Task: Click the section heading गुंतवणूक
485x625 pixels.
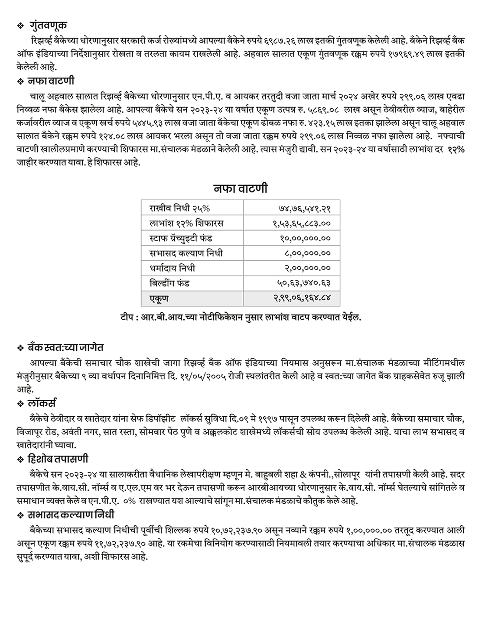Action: [x=48, y=25]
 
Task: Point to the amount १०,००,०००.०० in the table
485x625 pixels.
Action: [x=305, y=238]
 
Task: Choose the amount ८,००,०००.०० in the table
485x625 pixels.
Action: [x=307, y=253]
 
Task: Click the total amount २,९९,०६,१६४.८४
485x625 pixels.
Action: [x=302, y=298]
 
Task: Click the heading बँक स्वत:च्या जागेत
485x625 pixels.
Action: [x=66, y=347]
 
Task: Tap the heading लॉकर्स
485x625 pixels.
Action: [x=42, y=403]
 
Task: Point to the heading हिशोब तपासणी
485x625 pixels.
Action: [x=58, y=459]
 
